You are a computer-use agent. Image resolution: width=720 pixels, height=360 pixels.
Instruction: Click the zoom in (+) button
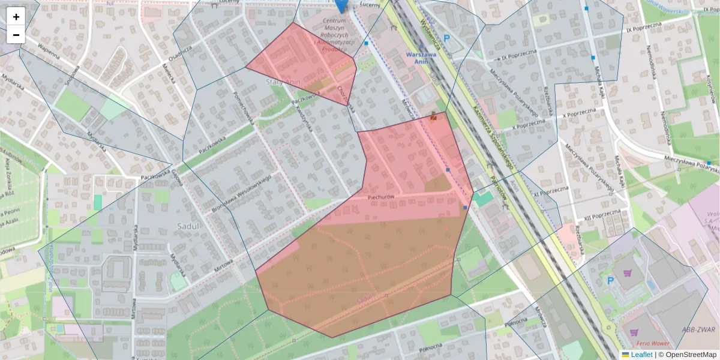pos(16,17)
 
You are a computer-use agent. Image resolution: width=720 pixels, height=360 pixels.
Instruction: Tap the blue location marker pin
pos(341,5)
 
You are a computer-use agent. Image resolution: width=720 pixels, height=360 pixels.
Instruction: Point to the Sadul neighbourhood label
pos(188,226)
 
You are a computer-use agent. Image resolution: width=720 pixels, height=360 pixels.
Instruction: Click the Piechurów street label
pos(380,197)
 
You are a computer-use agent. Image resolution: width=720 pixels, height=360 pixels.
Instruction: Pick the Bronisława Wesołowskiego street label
pos(242,193)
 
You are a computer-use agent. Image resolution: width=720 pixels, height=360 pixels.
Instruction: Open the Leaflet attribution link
pos(641,355)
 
